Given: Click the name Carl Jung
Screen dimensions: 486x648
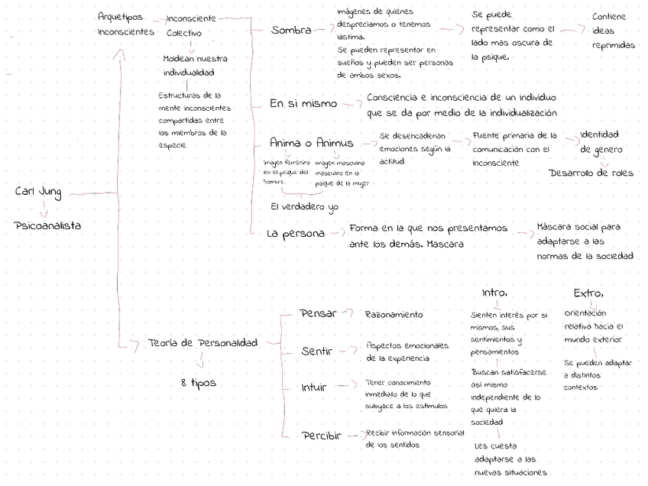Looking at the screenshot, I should pos(38,192).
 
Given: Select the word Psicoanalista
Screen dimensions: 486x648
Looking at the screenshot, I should pos(47,225).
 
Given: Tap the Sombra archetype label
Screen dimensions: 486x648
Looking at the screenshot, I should pos(291,31).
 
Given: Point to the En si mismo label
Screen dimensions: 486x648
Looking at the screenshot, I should pos(304,103).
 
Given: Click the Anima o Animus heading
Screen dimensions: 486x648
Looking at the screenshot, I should pos(311,143).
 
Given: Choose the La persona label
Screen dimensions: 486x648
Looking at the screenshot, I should pos(296,233).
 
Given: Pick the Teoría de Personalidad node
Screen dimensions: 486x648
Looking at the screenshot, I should pos(202,343).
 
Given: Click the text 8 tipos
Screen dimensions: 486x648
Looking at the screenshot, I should pos(199,382).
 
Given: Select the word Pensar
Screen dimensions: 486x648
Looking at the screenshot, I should pos(318,313).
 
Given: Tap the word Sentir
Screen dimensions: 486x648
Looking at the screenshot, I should pos(316,352).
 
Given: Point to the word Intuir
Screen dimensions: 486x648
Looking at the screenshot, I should pos(314,387).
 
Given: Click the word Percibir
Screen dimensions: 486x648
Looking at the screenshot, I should pos(320,436).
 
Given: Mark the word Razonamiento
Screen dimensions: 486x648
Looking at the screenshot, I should pos(394,314).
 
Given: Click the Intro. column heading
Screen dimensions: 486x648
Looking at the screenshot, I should pos(494,293).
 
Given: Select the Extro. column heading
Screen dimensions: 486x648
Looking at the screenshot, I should pos(588,293).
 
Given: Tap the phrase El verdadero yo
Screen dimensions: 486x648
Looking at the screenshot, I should pos(303,207).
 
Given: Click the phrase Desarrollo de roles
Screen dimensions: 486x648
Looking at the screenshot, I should pos(591,173).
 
